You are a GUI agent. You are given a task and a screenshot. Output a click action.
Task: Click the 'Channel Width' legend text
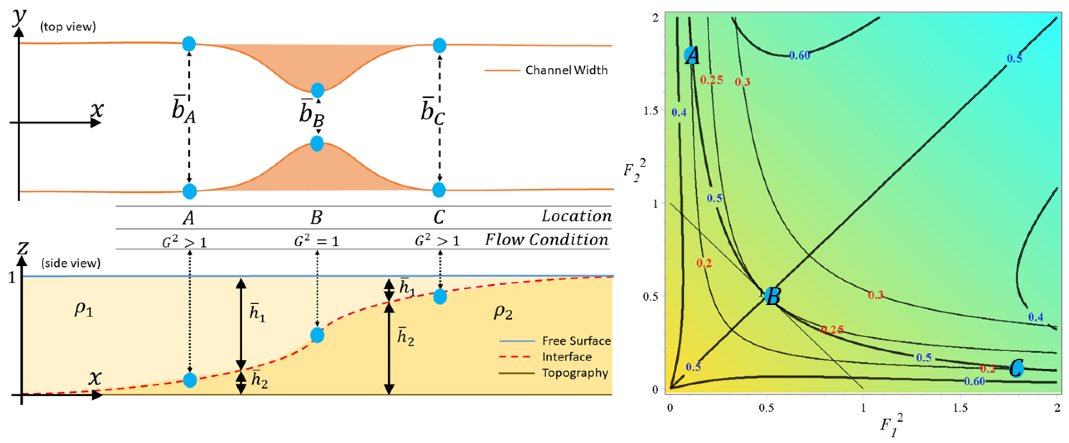click(566, 70)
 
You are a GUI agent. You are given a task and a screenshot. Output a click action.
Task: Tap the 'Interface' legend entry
click(566, 357)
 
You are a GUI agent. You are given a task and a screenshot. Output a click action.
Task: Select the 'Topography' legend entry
click(575, 373)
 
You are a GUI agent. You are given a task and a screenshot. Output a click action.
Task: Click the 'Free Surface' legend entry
click(576, 341)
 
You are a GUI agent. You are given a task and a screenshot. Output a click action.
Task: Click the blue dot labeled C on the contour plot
click(1016, 368)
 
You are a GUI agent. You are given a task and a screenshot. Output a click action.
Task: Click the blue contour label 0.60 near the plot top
click(799, 55)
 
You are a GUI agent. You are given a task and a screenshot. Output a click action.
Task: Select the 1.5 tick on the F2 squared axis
click(650, 111)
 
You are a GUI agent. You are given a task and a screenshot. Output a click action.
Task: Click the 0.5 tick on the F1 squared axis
click(766, 408)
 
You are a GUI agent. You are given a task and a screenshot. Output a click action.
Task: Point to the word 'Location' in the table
click(576, 216)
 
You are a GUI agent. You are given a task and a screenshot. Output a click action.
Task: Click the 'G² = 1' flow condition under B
click(317, 241)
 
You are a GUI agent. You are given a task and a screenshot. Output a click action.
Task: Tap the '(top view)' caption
click(68, 27)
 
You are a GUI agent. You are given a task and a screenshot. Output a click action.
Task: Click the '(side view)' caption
click(71, 263)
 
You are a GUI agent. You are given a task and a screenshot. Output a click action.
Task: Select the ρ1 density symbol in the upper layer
click(83, 310)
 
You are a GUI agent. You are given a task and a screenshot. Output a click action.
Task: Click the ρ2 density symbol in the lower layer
click(503, 312)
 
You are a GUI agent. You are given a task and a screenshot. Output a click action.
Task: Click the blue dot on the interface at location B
click(317, 335)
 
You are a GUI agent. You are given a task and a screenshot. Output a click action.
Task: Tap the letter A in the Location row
click(189, 217)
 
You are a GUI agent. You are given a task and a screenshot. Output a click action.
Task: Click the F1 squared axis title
click(891, 425)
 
